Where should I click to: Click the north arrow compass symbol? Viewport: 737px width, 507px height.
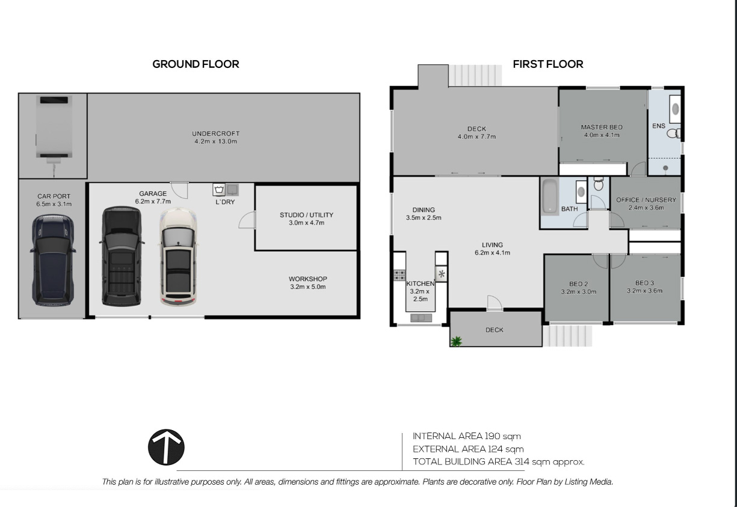(x=166, y=447)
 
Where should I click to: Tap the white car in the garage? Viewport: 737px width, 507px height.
(x=178, y=257)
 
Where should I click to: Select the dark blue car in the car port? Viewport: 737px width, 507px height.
(x=53, y=260)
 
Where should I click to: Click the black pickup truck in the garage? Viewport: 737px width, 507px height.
(x=122, y=257)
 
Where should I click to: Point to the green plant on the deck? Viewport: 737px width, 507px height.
(x=456, y=341)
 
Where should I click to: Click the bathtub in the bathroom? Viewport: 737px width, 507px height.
(x=550, y=196)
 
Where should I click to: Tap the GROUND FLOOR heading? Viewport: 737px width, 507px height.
(x=196, y=64)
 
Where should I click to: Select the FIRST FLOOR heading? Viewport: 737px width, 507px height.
(x=548, y=64)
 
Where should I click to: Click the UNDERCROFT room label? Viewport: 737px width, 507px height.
(x=216, y=134)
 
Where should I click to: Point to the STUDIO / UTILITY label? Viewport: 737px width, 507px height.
(x=307, y=215)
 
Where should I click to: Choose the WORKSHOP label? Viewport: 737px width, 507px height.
(x=308, y=279)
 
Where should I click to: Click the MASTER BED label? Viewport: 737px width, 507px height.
(x=602, y=127)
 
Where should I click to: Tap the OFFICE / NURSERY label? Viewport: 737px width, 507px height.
(x=646, y=200)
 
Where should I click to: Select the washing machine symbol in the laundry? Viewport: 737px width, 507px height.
(x=219, y=190)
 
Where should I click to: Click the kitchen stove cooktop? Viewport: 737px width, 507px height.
(x=399, y=275)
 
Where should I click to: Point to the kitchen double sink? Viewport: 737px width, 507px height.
(x=421, y=318)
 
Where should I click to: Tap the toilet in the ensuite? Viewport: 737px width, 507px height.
(x=673, y=133)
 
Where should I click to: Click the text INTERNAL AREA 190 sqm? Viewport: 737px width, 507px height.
(x=467, y=436)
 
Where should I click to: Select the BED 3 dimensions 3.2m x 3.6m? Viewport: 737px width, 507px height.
(x=644, y=291)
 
